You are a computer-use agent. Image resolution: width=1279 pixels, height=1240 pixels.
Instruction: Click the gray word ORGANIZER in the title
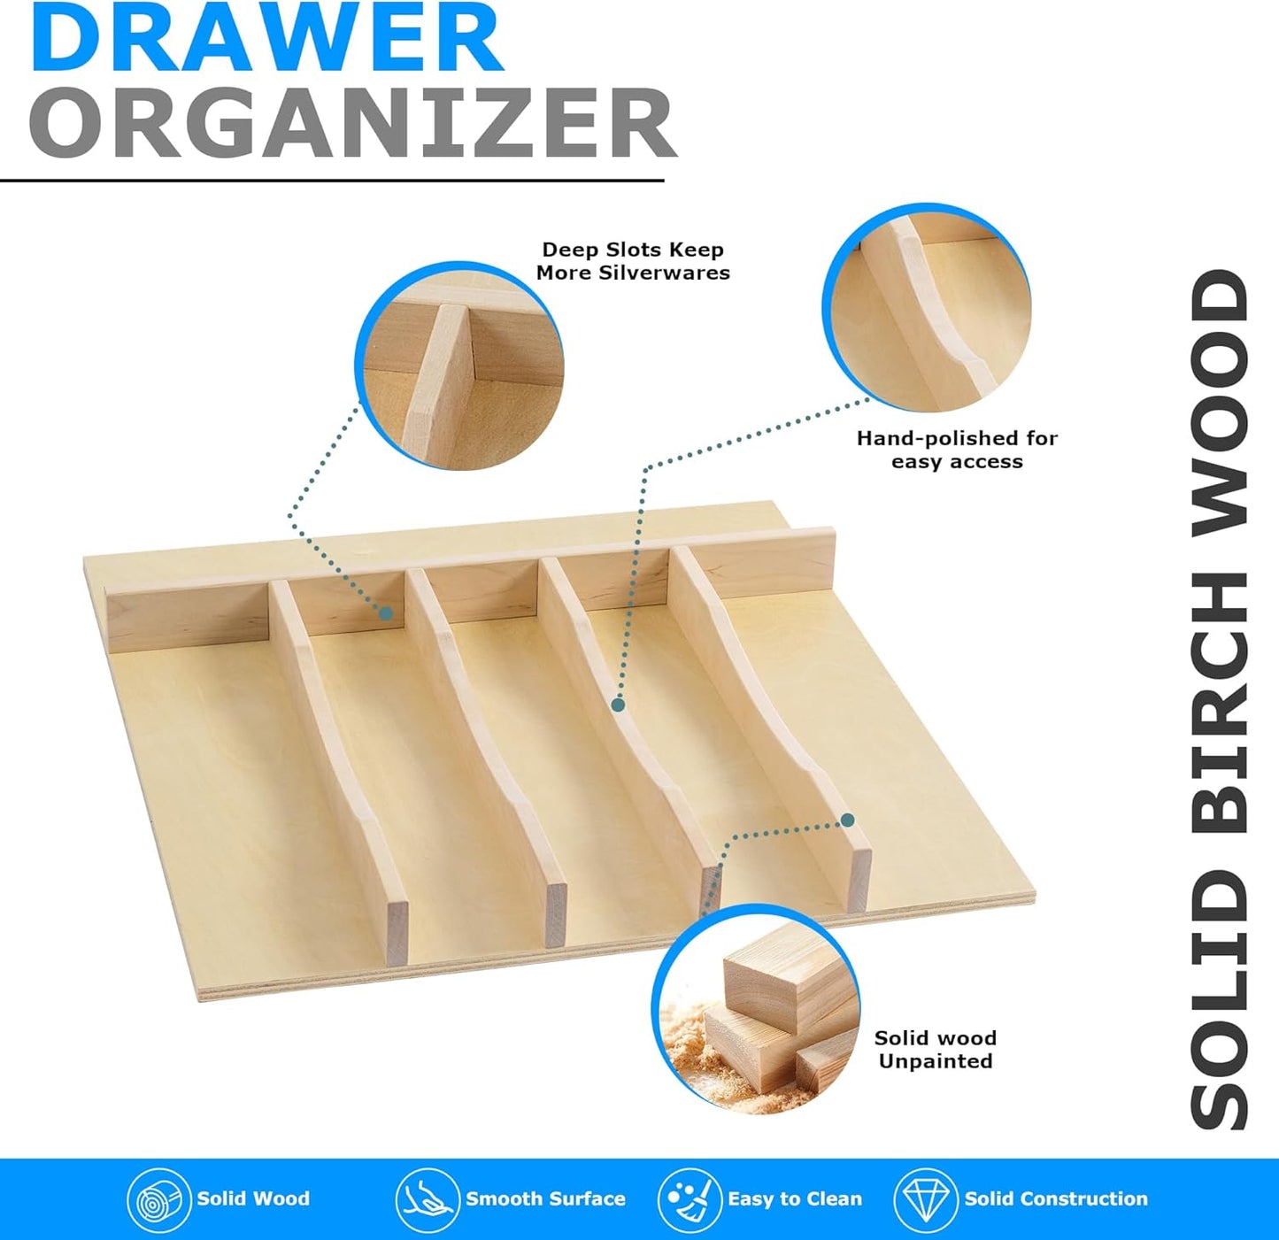click(352, 123)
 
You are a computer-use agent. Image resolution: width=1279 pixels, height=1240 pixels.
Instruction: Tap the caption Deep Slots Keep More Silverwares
click(633, 261)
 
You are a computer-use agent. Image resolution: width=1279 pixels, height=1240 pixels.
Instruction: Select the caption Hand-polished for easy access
click(957, 450)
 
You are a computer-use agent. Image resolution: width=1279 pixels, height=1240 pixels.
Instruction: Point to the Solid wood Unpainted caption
click(936, 1049)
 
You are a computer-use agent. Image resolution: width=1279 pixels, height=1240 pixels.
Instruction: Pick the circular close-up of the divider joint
click(459, 366)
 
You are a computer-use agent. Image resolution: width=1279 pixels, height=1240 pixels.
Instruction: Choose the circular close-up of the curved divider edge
click(927, 306)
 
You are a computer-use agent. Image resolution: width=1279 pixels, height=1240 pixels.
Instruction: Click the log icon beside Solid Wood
click(158, 1200)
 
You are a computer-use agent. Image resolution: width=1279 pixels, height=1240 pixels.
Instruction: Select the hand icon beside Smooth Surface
click(427, 1200)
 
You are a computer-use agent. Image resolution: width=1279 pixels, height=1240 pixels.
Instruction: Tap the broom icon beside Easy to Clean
click(689, 1200)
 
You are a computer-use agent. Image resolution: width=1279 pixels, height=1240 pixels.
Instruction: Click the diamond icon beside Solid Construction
click(925, 1200)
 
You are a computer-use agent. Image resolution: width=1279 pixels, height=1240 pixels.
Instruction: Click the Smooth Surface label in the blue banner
click(545, 1199)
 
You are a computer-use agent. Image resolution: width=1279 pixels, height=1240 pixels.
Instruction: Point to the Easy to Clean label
click(794, 1199)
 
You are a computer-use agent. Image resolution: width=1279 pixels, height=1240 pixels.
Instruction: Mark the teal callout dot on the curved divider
click(618, 705)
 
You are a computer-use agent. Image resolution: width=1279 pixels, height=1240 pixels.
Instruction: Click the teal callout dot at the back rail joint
click(386, 612)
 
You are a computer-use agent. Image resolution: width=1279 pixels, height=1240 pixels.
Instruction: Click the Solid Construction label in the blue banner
click(1055, 1199)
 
